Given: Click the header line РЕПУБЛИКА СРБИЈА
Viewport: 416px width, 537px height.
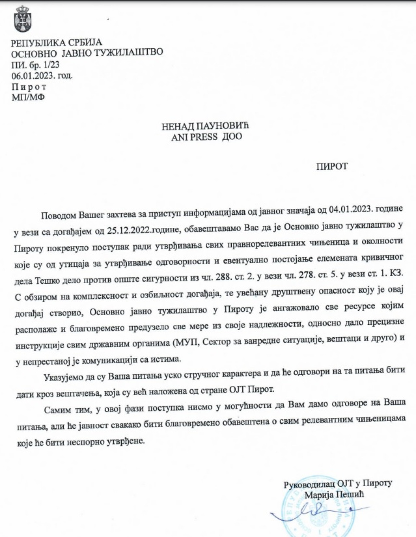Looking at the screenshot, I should [x=56, y=42].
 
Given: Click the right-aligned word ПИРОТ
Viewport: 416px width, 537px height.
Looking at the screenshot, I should [x=332, y=167].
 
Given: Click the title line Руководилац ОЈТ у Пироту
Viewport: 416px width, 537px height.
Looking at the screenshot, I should [x=338, y=483].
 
